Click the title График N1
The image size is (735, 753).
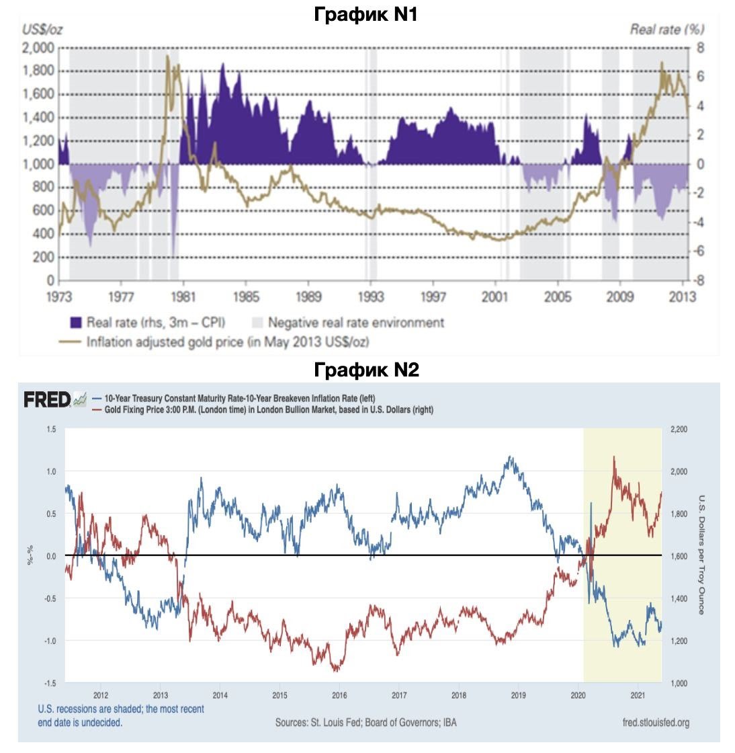[366, 14]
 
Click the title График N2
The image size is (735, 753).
[366, 369]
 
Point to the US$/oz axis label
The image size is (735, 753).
[43, 30]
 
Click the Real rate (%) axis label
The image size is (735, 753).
[666, 29]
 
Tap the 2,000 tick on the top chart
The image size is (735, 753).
[38, 48]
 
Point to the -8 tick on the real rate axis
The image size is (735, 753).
[699, 281]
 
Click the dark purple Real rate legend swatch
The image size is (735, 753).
[75, 323]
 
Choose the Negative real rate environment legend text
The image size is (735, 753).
[356, 323]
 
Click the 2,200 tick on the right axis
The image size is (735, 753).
[681, 429]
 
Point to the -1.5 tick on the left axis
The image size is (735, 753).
[50, 683]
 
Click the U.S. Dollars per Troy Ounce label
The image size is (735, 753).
[701, 555]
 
